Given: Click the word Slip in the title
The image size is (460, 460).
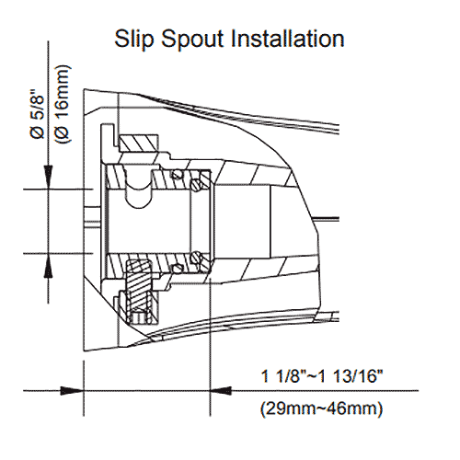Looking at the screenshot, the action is coord(133,39).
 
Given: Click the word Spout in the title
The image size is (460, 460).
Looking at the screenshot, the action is coord(192,40).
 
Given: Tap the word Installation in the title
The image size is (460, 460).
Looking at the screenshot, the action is coord(288,39).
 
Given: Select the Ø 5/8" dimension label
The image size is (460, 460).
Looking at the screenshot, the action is coord(38,114).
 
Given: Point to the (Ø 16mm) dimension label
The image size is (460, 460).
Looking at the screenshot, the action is coord(63,104).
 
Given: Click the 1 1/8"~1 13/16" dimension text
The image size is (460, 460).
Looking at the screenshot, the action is coord(322,376).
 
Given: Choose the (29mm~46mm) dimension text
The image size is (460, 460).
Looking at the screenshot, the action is coord(322,408).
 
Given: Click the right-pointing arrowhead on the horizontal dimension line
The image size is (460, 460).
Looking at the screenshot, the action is coord(72,391).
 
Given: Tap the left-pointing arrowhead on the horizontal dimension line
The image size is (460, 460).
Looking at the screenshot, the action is coord(221,391).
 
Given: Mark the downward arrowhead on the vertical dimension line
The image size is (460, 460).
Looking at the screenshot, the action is coord(48,177).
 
